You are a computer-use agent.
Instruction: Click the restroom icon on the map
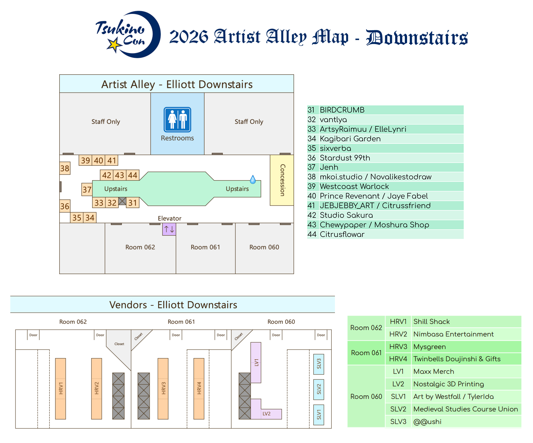(x=177, y=120)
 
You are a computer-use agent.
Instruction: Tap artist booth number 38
(x=65, y=168)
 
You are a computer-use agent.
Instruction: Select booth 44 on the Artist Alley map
(x=133, y=175)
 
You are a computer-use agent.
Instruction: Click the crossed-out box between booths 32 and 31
(x=122, y=201)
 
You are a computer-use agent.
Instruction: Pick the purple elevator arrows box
(x=169, y=229)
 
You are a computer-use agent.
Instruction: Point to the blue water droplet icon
(x=253, y=180)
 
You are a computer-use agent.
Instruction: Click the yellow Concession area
(x=282, y=180)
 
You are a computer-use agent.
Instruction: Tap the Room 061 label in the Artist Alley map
(x=205, y=247)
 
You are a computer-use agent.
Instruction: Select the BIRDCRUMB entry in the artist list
(x=342, y=110)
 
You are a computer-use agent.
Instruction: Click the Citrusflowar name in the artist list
(x=342, y=235)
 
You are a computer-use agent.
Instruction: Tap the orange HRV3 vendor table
(x=163, y=388)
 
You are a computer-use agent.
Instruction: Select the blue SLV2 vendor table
(x=319, y=389)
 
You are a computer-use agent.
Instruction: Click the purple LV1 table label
(x=256, y=363)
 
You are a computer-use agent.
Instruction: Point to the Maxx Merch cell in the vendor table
(x=433, y=372)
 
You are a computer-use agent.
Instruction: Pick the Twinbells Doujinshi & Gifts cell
(x=457, y=359)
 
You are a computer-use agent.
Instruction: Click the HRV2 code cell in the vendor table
(x=398, y=334)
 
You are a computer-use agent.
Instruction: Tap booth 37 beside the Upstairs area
(x=87, y=189)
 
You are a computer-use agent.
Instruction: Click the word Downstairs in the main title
(x=417, y=38)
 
